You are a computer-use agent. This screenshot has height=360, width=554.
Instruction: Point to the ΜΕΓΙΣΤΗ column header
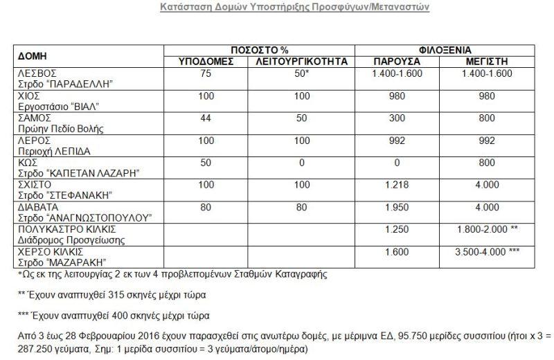489,62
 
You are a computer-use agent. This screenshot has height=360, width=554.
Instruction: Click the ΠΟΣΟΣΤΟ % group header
259,51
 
